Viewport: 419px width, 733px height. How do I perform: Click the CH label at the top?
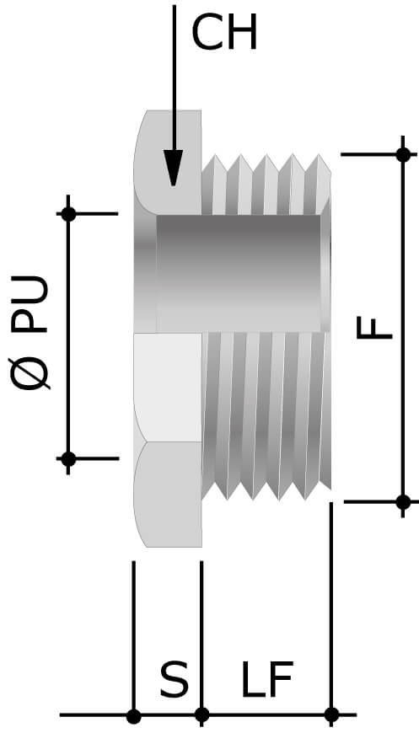224,35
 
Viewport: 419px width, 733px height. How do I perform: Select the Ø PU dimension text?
32,334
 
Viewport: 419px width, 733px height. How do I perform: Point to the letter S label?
174,680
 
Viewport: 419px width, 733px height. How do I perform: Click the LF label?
266,680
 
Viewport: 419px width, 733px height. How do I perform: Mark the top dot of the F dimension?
403,154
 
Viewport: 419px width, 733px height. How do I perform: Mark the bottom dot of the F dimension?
403,502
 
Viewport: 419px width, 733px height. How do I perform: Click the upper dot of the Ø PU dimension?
69,214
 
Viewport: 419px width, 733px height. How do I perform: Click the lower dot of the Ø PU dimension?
69,458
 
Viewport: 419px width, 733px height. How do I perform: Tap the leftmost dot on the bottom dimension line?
133,716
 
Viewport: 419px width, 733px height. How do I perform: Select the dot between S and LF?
201,716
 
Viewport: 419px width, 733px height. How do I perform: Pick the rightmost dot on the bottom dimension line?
331,716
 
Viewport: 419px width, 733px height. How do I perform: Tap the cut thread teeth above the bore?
266,185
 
